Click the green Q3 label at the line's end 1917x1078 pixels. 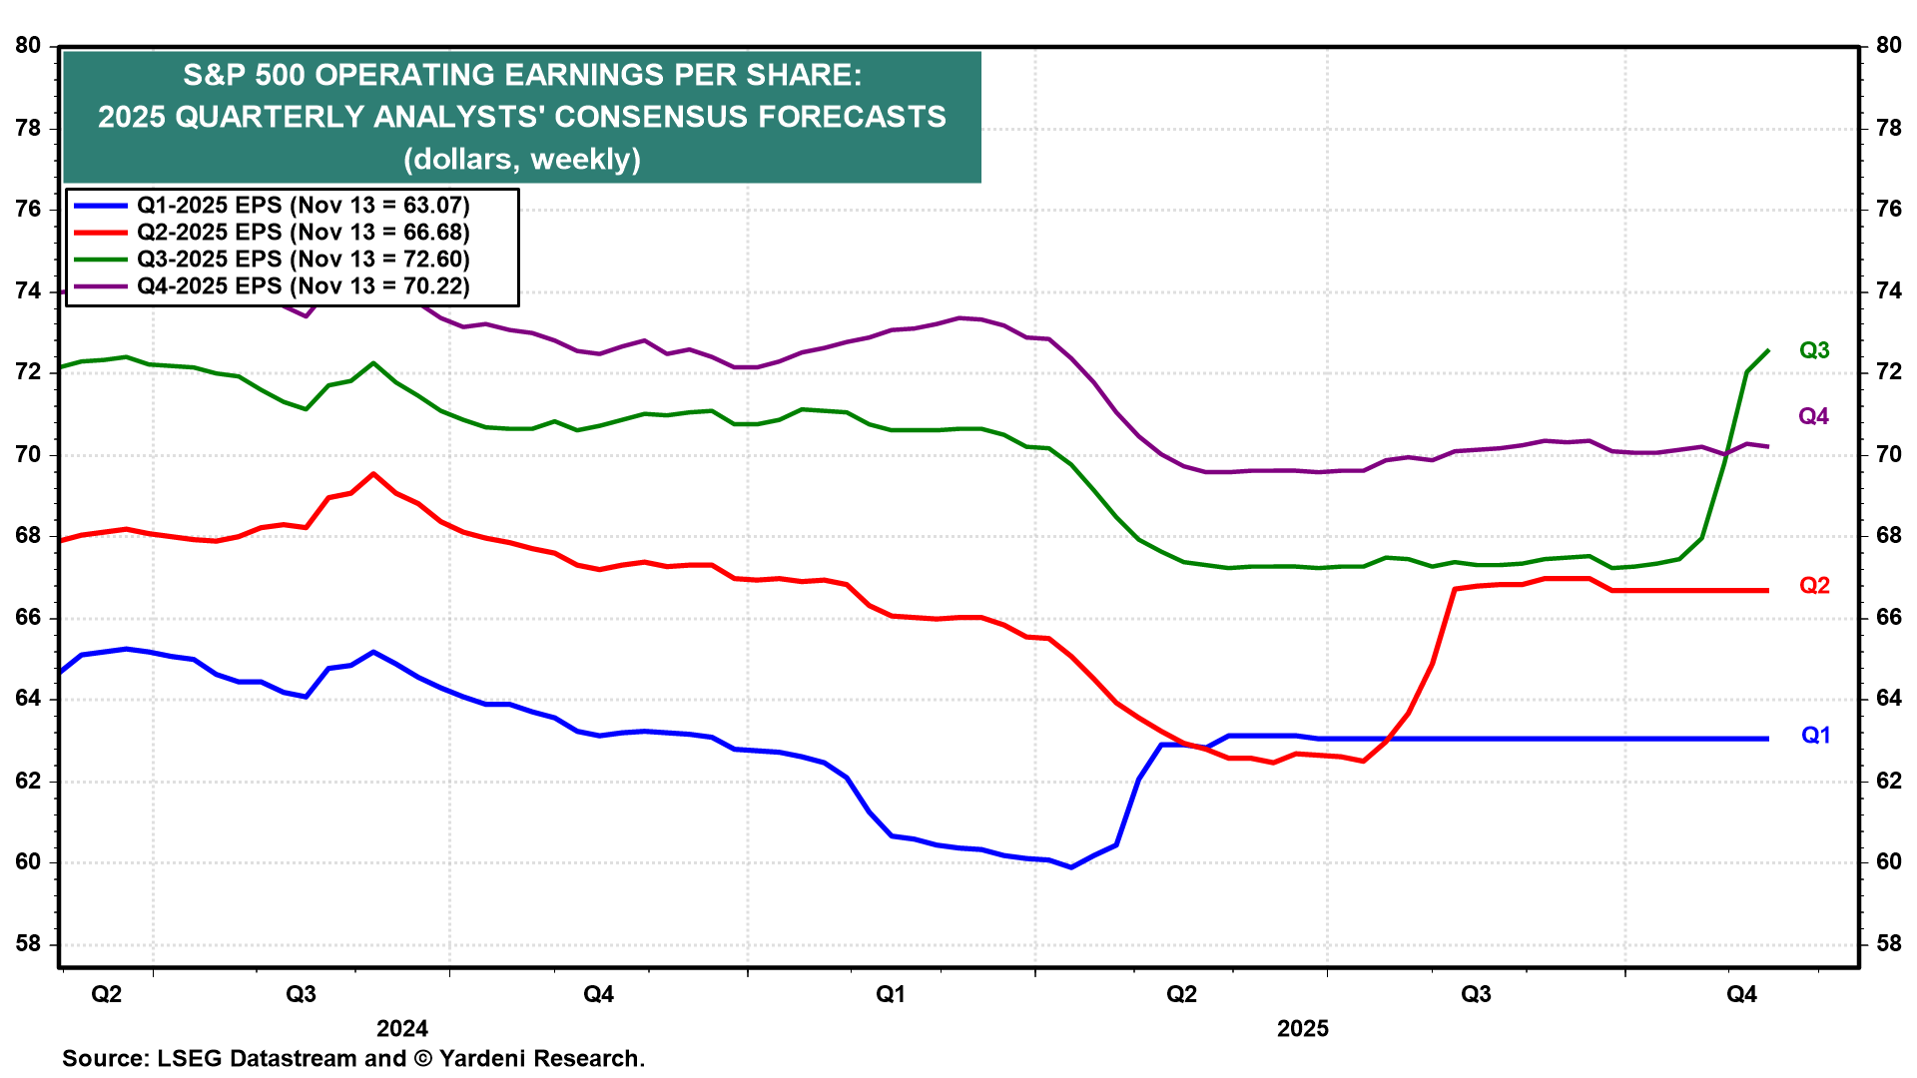point(1813,350)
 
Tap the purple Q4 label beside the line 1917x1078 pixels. point(1813,416)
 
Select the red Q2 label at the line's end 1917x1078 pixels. point(1813,586)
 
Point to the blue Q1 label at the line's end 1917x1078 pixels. point(1814,736)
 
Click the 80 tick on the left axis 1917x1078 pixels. point(28,46)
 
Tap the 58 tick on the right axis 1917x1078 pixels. point(1888,944)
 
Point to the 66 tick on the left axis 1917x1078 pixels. point(28,618)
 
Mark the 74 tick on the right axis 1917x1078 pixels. point(1888,291)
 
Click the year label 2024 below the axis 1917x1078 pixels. point(401,1029)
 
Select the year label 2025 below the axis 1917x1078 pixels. point(1302,1029)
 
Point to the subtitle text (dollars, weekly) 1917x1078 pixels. point(521,159)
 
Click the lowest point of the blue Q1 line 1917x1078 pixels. point(1071,867)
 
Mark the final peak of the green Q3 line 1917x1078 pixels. point(1768,350)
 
